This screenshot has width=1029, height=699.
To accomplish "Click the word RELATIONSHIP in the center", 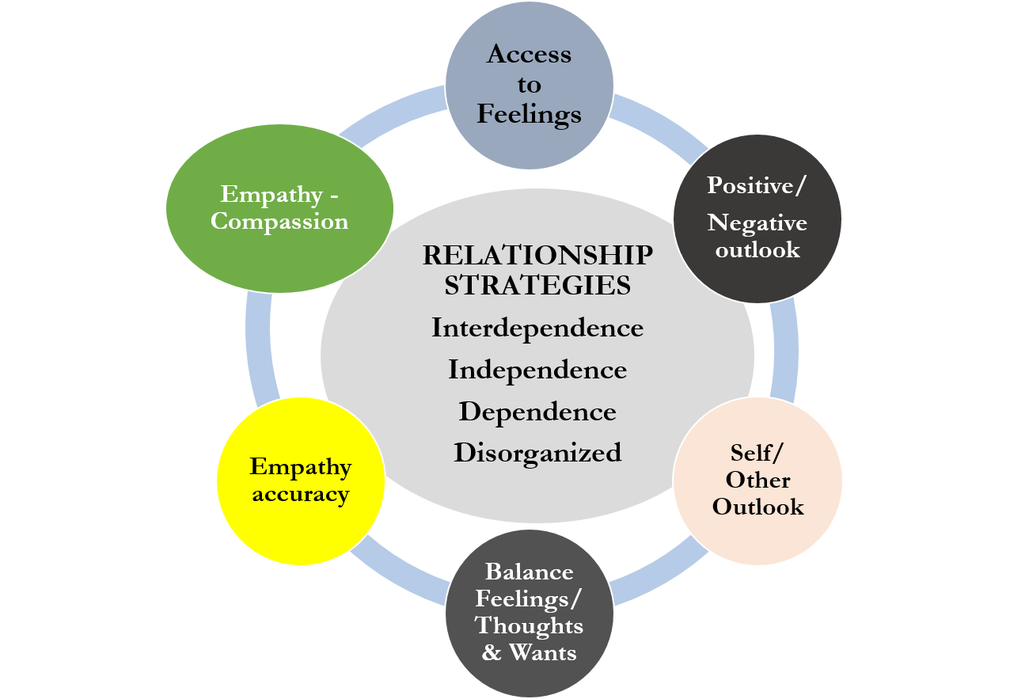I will [x=537, y=256].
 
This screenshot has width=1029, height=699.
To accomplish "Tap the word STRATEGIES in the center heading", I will [x=537, y=285].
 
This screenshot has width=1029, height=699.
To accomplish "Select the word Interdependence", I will [x=537, y=328].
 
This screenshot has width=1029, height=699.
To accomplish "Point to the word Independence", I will [x=537, y=370].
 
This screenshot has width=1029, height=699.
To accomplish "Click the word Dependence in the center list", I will [x=537, y=412].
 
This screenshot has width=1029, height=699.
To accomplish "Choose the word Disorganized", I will [x=537, y=453].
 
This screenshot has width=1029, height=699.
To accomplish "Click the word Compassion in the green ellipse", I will [x=279, y=221].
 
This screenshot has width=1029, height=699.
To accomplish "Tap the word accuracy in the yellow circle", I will [x=300, y=495].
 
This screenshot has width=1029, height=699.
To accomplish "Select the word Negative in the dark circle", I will [x=758, y=223].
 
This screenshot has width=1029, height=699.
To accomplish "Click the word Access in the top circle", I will [x=529, y=54].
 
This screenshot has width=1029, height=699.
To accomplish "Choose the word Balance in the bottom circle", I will [x=529, y=572].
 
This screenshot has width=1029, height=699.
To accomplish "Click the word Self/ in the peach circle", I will [x=758, y=454].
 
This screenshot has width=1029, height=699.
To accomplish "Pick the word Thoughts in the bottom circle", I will [x=529, y=625].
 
